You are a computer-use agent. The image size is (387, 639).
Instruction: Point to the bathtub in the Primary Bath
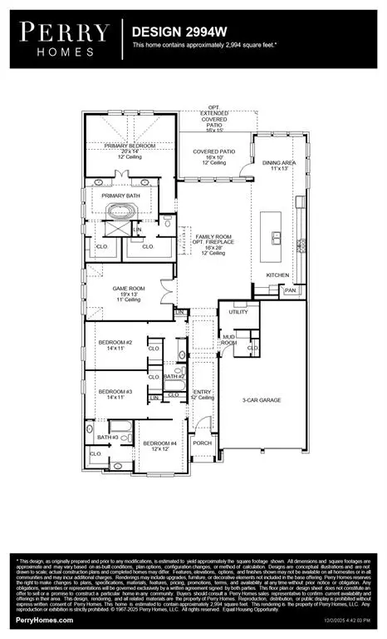[129, 208]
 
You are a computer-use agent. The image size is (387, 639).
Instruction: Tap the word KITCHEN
[277, 274]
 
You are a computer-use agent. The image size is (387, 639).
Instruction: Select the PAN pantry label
[290, 290]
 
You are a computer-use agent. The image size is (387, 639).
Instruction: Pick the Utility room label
[239, 311]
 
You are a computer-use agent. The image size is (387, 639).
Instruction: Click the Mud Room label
[228, 340]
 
